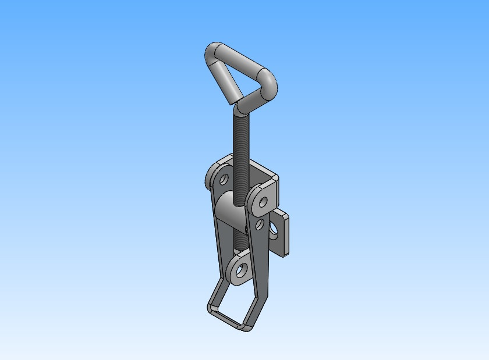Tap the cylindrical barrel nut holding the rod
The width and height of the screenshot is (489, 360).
click(x=228, y=213)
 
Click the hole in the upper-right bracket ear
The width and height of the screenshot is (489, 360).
click(x=263, y=201)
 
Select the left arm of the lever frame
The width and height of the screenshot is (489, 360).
click(x=220, y=250)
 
